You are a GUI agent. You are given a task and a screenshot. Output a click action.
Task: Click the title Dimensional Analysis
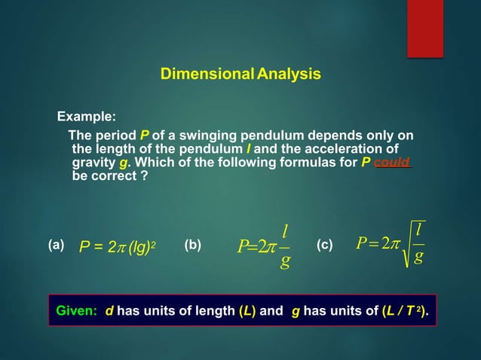point(240,75)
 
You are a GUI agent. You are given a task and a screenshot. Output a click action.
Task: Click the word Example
point(87,117)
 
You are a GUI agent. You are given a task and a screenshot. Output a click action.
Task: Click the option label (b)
point(192,245)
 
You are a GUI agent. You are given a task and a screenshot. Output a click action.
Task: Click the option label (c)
point(324,245)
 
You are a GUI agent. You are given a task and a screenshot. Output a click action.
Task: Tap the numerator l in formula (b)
point(285,229)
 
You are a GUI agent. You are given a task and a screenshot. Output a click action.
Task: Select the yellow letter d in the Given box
point(109,310)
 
